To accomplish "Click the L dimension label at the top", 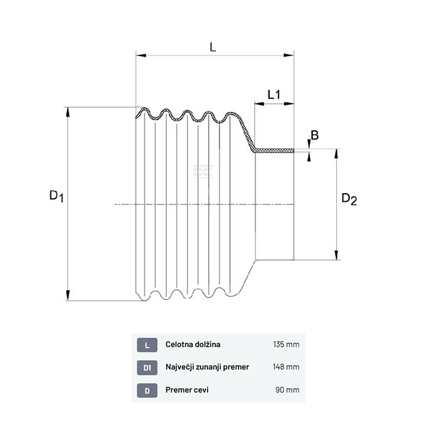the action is click(x=213, y=47).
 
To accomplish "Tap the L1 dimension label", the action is click(x=274, y=95).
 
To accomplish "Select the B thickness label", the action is click(x=315, y=135).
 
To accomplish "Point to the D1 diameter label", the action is click(x=57, y=196).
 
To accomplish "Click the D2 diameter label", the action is click(x=349, y=199).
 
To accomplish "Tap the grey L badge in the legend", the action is click(x=147, y=345).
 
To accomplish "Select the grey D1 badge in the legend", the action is click(x=147, y=368).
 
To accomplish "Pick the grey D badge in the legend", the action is click(x=147, y=391).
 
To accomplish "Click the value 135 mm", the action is click(x=286, y=344).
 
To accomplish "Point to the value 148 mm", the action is click(x=286, y=367).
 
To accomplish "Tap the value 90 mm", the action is click(x=288, y=390).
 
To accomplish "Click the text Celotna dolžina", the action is click(x=193, y=344).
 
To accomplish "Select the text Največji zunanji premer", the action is click(x=207, y=367).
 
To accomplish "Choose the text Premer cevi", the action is click(x=187, y=390).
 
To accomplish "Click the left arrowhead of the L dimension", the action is click(x=141, y=55).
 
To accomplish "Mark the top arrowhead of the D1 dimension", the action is click(x=67, y=112).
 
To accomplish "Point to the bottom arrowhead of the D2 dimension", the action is click(x=336, y=255).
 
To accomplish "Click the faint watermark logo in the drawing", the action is click(x=204, y=171).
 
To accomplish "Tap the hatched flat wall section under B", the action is click(x=274, y=151).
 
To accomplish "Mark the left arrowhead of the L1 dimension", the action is click(x=260, y=104).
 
